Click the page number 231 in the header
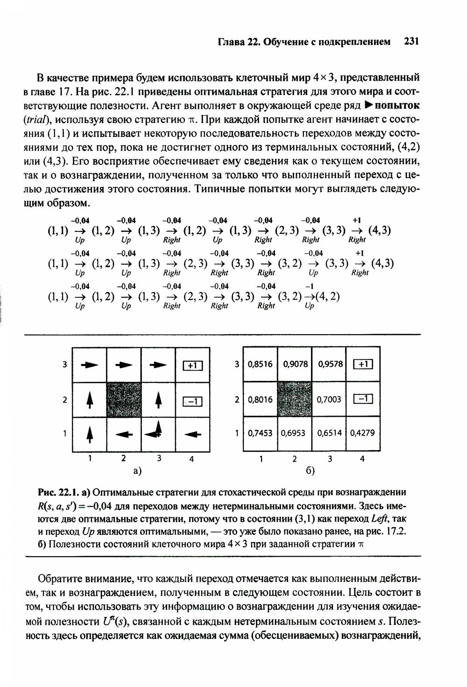[410, 42]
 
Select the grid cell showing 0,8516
[261, 364]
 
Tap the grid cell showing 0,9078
[295, 364]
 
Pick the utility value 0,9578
[330, 364]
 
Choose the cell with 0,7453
[261, 433]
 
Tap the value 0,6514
[329, 433]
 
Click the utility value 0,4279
[362, 433]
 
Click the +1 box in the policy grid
[192, 365]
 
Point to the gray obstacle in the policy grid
[124, 399]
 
